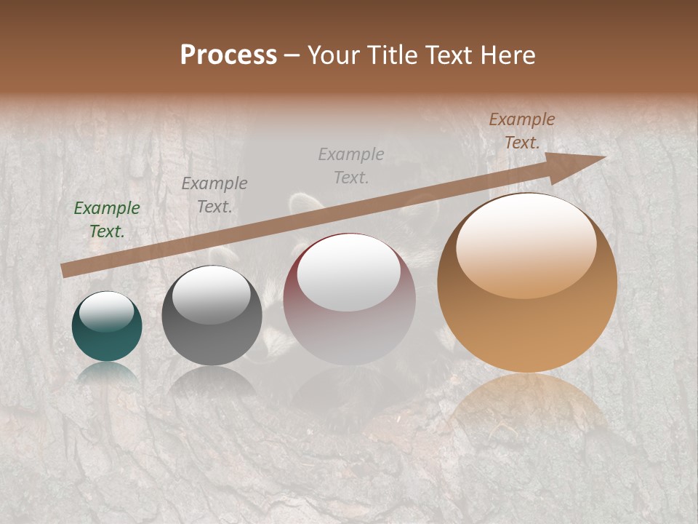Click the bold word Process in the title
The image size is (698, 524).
pyautogui.click(x=228, y=55)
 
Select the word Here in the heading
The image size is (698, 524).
pyautogui.click(x=508, y=55)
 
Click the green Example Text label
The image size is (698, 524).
pyautogui.click(x=107, y=220)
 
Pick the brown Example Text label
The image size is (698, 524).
pyautogui.click(x=521, y=131)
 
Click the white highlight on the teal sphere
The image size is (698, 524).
pyautogui.click(x=107, y=312)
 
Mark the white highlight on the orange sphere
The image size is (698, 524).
pyautogui.click(x=526, y=245)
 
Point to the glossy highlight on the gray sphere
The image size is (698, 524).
pyautogui.click(x=211, y=294)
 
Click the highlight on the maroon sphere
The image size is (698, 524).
pyautogui.click(x=349, y=273)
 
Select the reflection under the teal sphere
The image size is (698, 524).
pyautogui.click(x=107, y=373)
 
